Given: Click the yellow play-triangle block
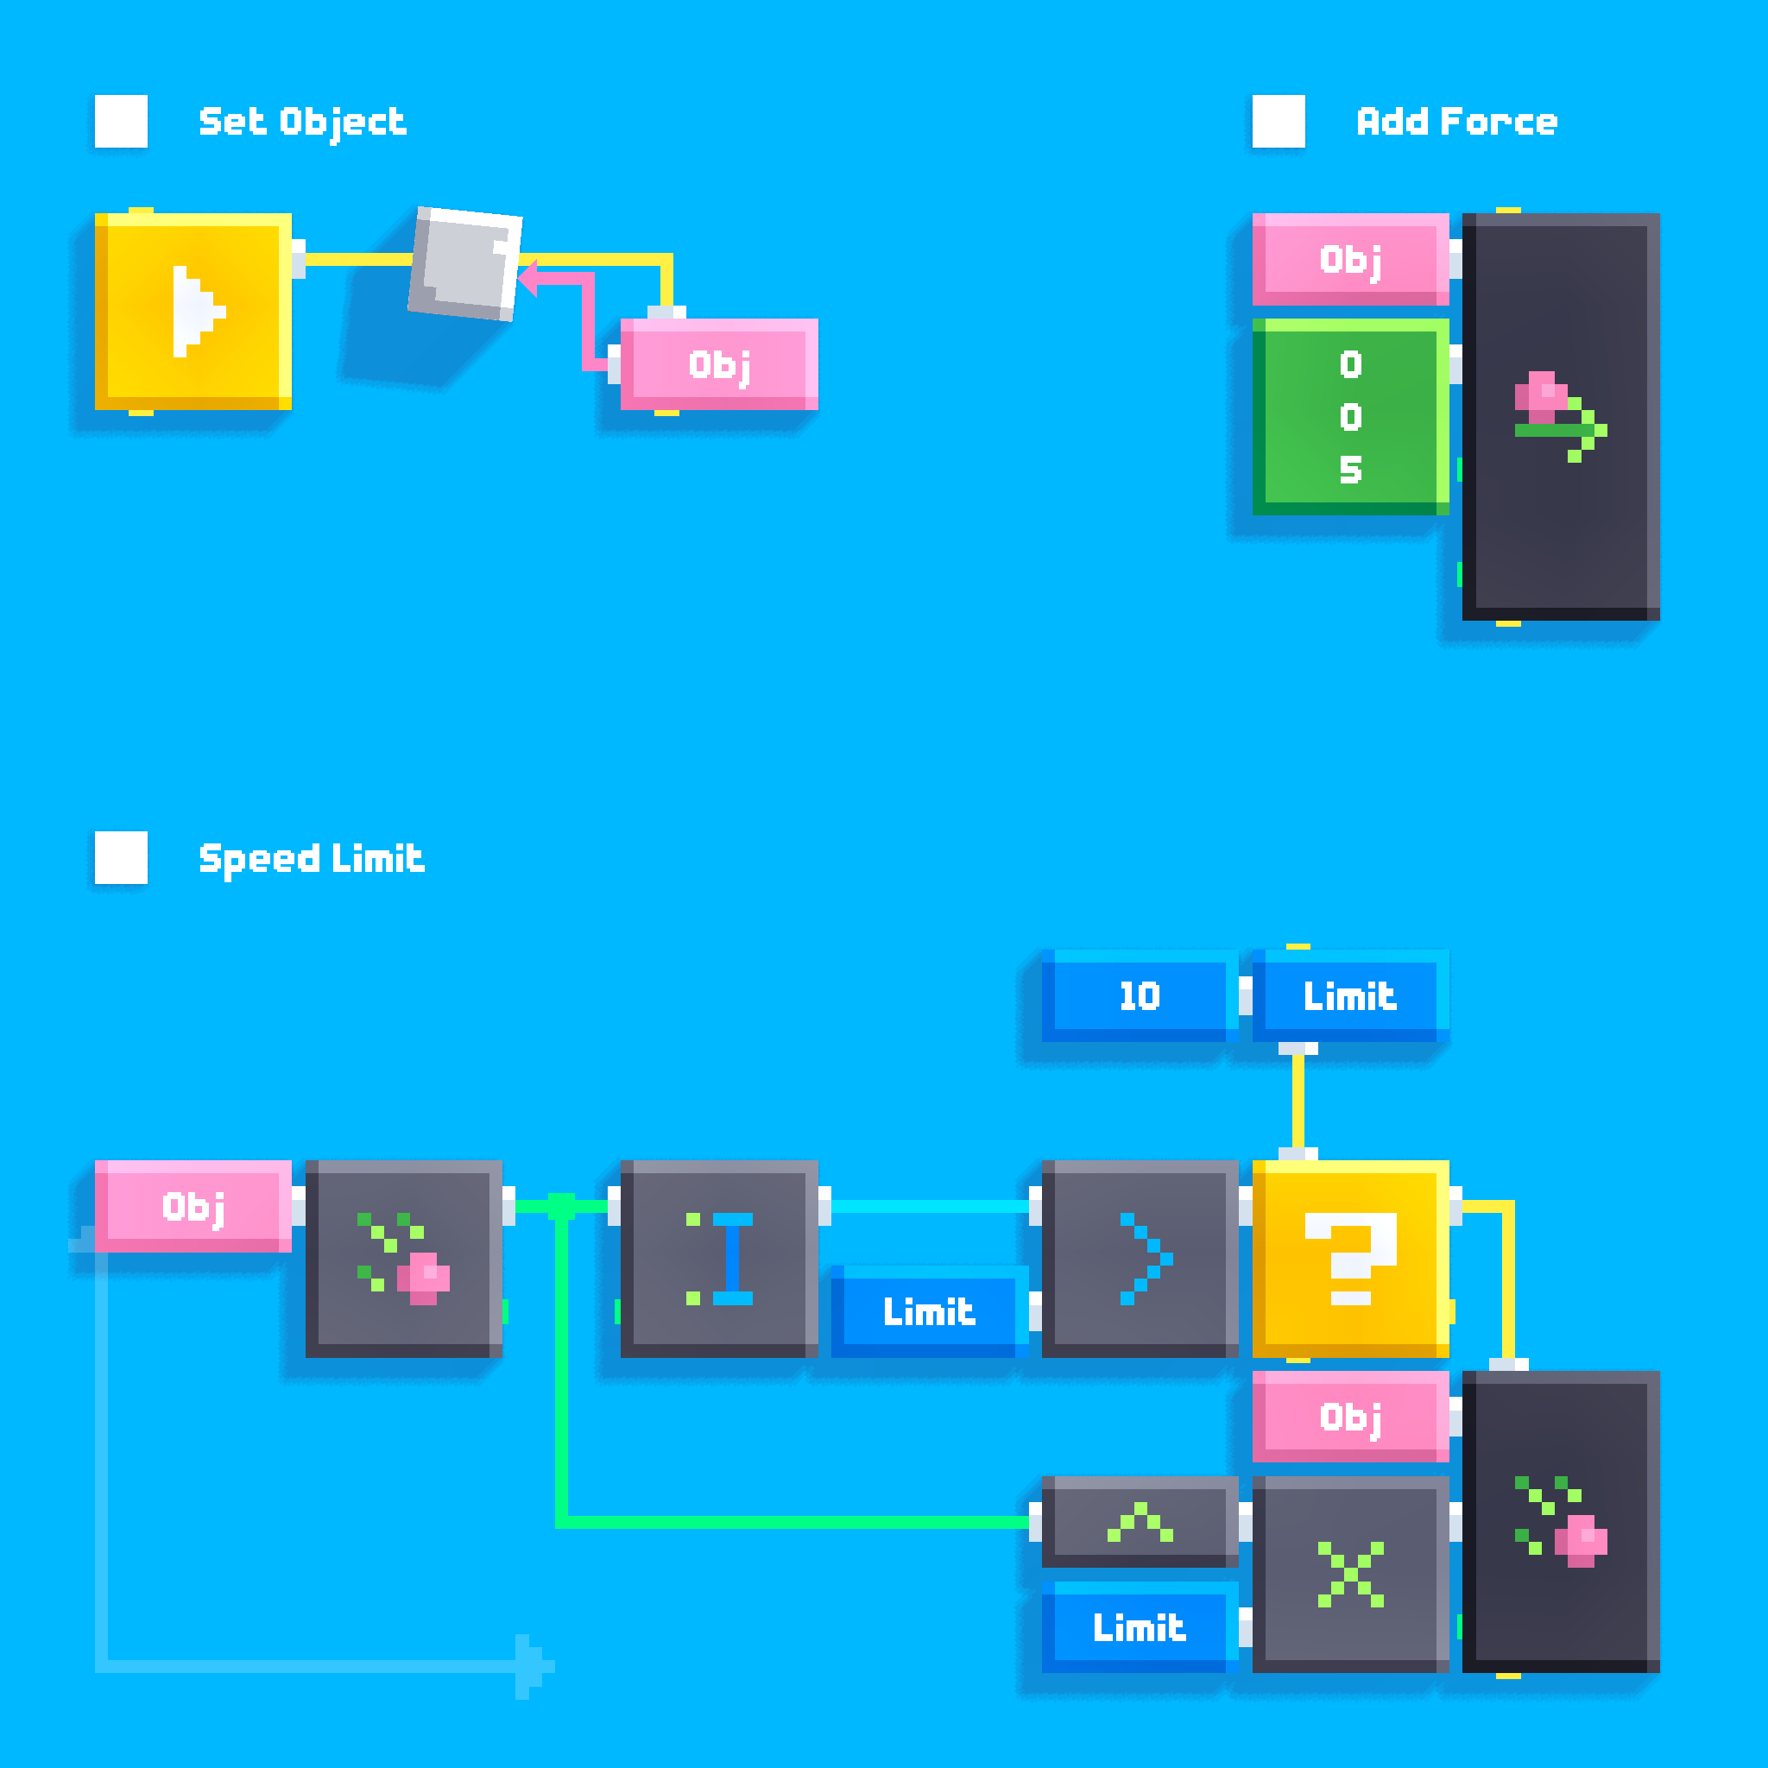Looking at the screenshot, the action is click(193, 311).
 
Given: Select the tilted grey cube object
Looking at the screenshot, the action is click(465, 264).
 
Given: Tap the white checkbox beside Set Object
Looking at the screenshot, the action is click(121, 121).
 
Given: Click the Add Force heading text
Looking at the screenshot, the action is click(1456, 122).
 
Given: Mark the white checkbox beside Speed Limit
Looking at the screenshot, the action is click(121, 857).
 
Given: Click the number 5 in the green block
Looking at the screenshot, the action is click(1351, 470).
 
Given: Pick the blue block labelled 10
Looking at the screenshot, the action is click(1140, 995).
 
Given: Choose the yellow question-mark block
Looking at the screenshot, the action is click(1351, 1259).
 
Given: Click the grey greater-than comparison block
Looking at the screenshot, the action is click(1140, 1259).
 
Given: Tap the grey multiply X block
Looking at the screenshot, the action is click(1351, 1574).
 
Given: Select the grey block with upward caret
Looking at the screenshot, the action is click(1140, 1522).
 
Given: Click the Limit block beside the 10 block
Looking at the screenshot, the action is click(1351, 995).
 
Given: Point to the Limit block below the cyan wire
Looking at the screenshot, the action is click(929, 1311).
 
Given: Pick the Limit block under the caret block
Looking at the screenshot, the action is click(1140, 1627).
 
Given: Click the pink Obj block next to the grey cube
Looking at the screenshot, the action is click(719, 364).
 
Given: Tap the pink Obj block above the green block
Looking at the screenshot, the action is click(1351, 259).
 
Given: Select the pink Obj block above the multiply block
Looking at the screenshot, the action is click(1351, 1417).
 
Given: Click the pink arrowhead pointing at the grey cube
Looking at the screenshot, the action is click(528, 278).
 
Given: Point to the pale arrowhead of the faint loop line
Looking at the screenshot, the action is click(534, 1666).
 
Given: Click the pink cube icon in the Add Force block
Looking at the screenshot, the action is click(1541, 396).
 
